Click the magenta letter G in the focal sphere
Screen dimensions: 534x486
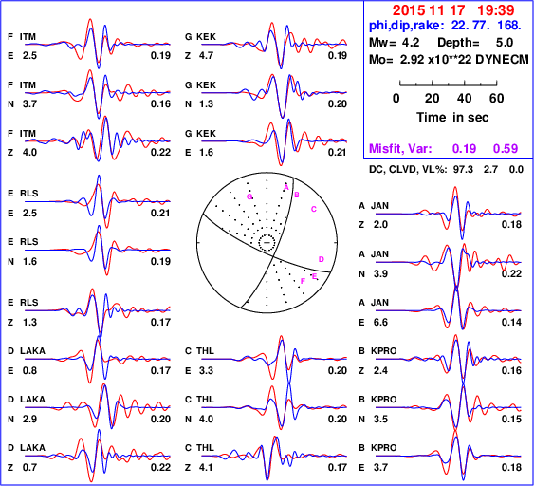tap(249, 196)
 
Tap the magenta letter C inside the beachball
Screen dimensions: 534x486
tap(314, 209)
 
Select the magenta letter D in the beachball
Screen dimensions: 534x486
tap(322, 259)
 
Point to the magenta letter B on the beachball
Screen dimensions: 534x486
tap(297, 195)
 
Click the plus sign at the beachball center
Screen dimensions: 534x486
tap(267, 243)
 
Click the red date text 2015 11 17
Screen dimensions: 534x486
tap(429, 10)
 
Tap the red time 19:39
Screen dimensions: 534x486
tap(495, 10)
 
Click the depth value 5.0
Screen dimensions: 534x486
tap(504, 43)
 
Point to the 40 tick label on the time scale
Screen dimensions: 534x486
tap(464, 99)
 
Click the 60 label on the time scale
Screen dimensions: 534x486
tap(497, 99)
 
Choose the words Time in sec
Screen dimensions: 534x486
tap(452, 118)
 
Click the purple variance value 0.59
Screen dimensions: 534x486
tap(506, 148)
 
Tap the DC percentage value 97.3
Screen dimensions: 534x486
tap(463, 169)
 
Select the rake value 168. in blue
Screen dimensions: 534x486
tap(509, 26)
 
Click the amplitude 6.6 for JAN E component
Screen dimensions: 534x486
tap(380, 322)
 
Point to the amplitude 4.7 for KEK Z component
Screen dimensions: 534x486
tap(207, 55)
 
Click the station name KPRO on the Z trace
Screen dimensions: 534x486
tap(384, 350)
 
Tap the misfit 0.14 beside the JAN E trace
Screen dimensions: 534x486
tap(511, 322)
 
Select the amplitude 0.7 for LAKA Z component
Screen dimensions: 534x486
tap(29, 467)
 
